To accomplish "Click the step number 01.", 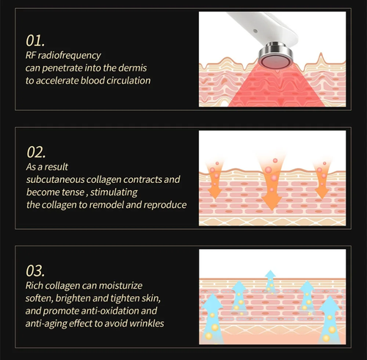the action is tap(35, 40).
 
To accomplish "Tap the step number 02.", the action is tap(36, 152).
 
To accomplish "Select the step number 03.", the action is tap(35, 271).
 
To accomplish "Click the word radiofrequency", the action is tap(69, 56).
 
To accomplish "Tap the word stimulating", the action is tap(114, 192).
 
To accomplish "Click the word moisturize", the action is tap(120, 286).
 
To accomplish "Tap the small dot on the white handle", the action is tap(255, 31).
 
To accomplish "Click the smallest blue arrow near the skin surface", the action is tap(271, 281).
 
